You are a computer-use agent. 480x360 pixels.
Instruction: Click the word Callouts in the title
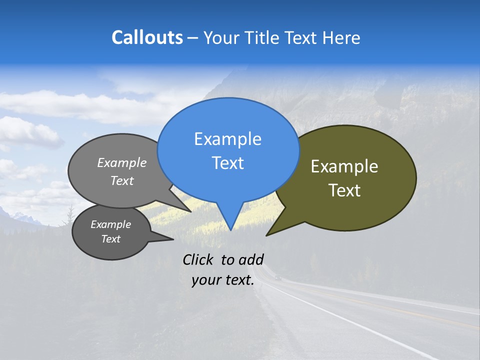coord(147,38)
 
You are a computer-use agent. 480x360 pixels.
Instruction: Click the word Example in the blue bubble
coord(227,139)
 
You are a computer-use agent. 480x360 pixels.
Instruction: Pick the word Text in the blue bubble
coord(227,163)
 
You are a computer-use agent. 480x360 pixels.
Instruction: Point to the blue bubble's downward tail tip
coord(230,229)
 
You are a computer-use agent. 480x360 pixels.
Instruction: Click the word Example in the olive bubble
coord(344,166)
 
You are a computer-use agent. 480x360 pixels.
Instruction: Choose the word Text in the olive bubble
coord(344,190)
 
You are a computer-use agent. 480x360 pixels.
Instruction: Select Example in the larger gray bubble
coord(122,163)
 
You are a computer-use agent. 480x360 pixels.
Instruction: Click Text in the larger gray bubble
coord(122,181)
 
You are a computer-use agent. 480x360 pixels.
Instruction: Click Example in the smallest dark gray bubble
coord(110,224)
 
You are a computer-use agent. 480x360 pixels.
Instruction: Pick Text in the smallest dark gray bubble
coord(110,239)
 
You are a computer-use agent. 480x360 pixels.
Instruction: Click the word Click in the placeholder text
coord(197,259)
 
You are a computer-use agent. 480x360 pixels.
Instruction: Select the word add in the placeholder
coord(251,259)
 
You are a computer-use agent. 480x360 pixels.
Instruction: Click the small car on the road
coord(278,278)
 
